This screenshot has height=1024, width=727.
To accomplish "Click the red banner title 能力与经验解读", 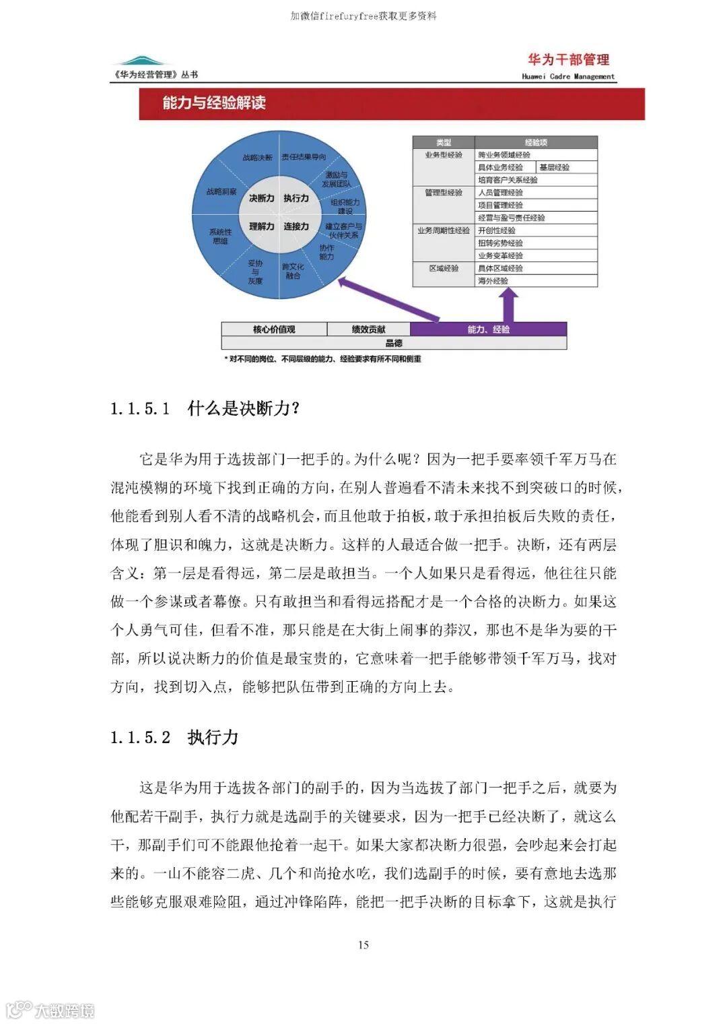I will [x=214, y=103].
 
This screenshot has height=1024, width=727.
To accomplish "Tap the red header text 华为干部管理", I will [x=568, y=60].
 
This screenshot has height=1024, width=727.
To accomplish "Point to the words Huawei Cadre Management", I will [x=568, y=77].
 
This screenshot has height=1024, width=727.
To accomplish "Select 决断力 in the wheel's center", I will [x=261, y=198].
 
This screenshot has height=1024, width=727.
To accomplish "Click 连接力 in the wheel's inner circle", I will [x=296, y=226].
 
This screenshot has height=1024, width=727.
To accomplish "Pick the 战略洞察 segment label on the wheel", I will [x=221, y=192].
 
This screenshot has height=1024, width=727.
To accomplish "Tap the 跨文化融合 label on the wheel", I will [x=293, y=271].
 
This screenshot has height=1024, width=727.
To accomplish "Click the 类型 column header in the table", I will [x=444, y=143].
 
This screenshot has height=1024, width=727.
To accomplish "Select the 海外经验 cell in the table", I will [x=493, y=281].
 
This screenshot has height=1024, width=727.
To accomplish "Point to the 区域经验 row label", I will [x=444, y=268].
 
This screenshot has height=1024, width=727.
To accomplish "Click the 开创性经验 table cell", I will [x=497, y=230].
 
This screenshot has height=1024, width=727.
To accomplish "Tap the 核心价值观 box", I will [x=274, y=329].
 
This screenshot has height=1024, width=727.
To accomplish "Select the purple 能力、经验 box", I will [x=489, y=329].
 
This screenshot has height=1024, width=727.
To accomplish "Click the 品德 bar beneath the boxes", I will [x=394, y=343].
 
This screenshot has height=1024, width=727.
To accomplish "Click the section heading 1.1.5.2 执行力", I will [x=174, y=737].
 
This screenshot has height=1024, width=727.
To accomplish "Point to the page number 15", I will [x=363, y=945].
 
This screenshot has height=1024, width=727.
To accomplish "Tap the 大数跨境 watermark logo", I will [x=50, y=1010].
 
